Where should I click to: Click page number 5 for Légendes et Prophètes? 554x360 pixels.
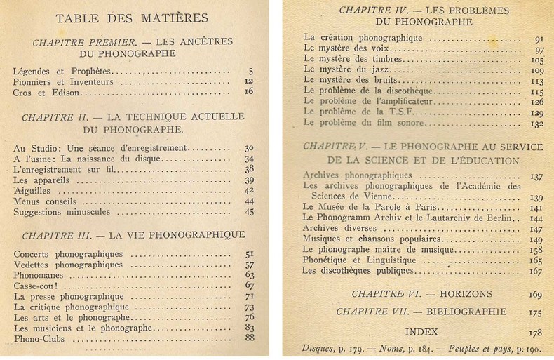click(x=250, y=71)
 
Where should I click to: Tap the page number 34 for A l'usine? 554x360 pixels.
click(x=248, y=159)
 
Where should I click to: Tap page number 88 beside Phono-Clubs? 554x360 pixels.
click(x=248, y=339)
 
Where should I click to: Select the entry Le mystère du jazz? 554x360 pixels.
click(x=343, y=70)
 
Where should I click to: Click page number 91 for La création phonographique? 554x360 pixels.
click(x=539, y=39)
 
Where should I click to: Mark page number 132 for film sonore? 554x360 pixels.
click(x=536, y=123)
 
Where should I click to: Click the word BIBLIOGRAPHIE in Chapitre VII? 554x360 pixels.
click(x=471, y=311)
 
